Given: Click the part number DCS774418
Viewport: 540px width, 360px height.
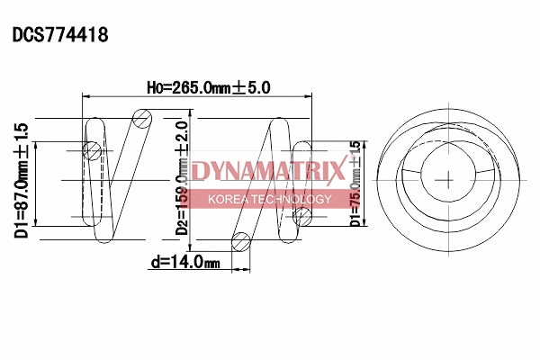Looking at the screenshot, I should [60, 35].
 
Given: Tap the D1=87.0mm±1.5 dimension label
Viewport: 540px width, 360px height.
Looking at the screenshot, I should [22, 180].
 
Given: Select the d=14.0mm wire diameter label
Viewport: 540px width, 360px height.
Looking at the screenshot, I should [185, 263].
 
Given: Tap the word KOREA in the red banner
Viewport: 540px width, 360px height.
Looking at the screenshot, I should [229, 199].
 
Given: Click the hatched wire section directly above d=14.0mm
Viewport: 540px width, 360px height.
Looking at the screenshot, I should [240, 241].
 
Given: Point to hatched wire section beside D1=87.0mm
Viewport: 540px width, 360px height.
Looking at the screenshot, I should [91, 150].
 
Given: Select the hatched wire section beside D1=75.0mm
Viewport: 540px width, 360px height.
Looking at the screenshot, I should [303, 215].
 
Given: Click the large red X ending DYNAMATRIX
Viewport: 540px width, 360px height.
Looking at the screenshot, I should [335, 170].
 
